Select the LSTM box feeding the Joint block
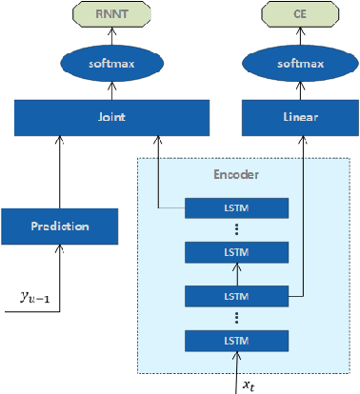tap(234, 206)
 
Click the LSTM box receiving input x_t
tap(234, 341)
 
